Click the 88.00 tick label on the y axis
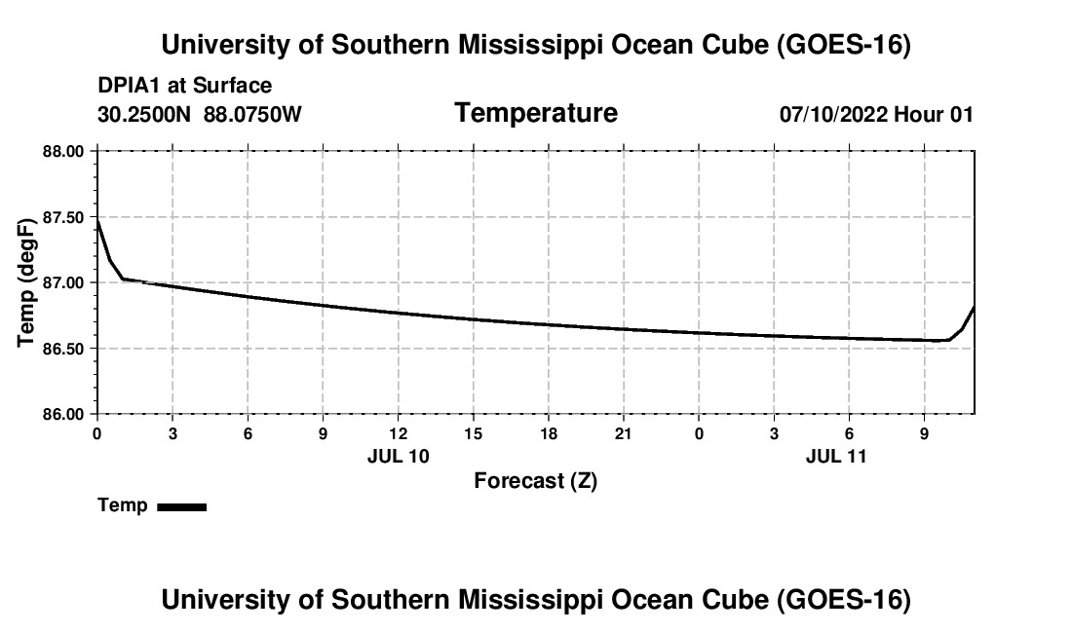point(63,151)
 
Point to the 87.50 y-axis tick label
point(63,218)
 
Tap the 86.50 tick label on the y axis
point(63,349)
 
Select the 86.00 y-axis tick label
point(63,415)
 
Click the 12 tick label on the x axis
point(398,433)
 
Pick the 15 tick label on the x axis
point(473,433)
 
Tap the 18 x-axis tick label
point(549,433)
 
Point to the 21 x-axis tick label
point(624,433)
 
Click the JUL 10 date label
point(398,456)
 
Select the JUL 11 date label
point(836,456)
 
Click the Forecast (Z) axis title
point(535,481)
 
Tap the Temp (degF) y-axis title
point(26,282)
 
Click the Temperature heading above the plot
point(536,113)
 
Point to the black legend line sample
point(182,506)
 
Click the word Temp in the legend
point(123,505)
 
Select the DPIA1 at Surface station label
point(184,86)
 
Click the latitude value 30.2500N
point(144,114)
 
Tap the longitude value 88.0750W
point(252,114)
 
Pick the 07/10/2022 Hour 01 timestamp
point(876,114)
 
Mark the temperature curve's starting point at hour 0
point(97,220)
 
